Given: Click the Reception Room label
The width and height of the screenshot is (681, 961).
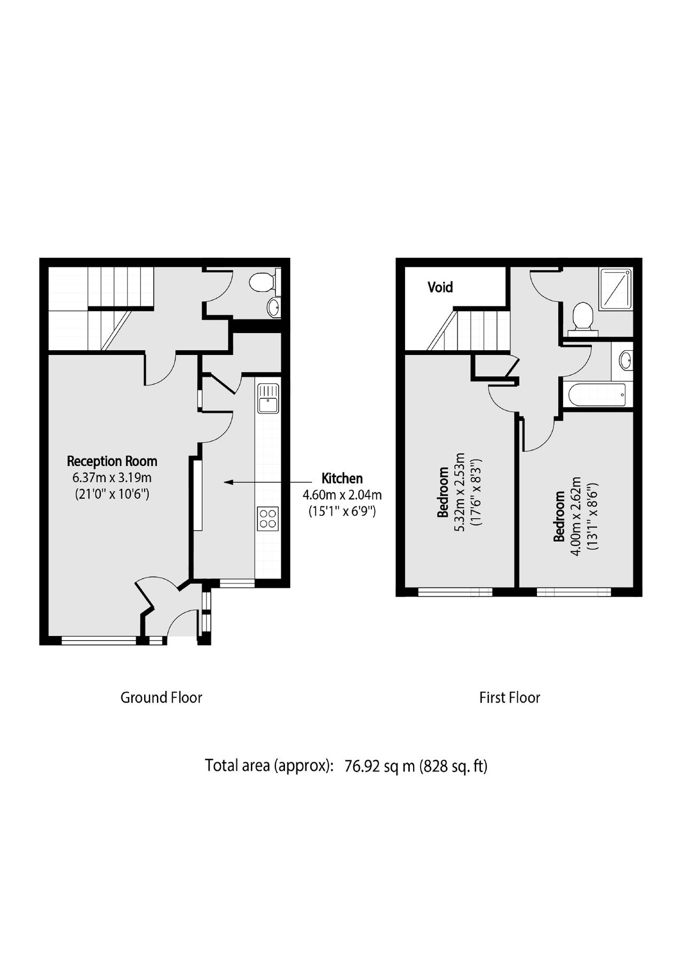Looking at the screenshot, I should (x=112, y=461).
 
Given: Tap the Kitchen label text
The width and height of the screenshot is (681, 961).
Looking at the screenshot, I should (x=342, y=478).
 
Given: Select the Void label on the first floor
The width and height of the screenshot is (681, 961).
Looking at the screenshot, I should (x=440, y=287).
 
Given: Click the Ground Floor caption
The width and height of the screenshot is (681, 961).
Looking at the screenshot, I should (x=161, y=697).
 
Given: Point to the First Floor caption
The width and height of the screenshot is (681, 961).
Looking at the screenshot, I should (x=510, y=697).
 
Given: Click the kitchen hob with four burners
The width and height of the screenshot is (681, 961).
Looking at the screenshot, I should (x=268, y=519).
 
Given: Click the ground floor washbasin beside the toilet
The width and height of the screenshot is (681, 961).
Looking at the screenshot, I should (x=273, y=307).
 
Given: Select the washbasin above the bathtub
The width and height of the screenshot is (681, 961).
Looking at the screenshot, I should (x=625, y=360).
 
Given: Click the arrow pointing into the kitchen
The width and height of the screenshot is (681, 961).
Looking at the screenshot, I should (x=251, y=482).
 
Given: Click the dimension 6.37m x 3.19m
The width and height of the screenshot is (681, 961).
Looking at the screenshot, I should (x=112, y=477).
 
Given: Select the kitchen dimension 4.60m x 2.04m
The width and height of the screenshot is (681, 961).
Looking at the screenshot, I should (x=342, y=495).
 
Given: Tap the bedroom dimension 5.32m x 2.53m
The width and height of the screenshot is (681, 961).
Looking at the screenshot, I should (x=460, y=491).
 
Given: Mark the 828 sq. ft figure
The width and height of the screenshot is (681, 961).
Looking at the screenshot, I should (x=454, y=766).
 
